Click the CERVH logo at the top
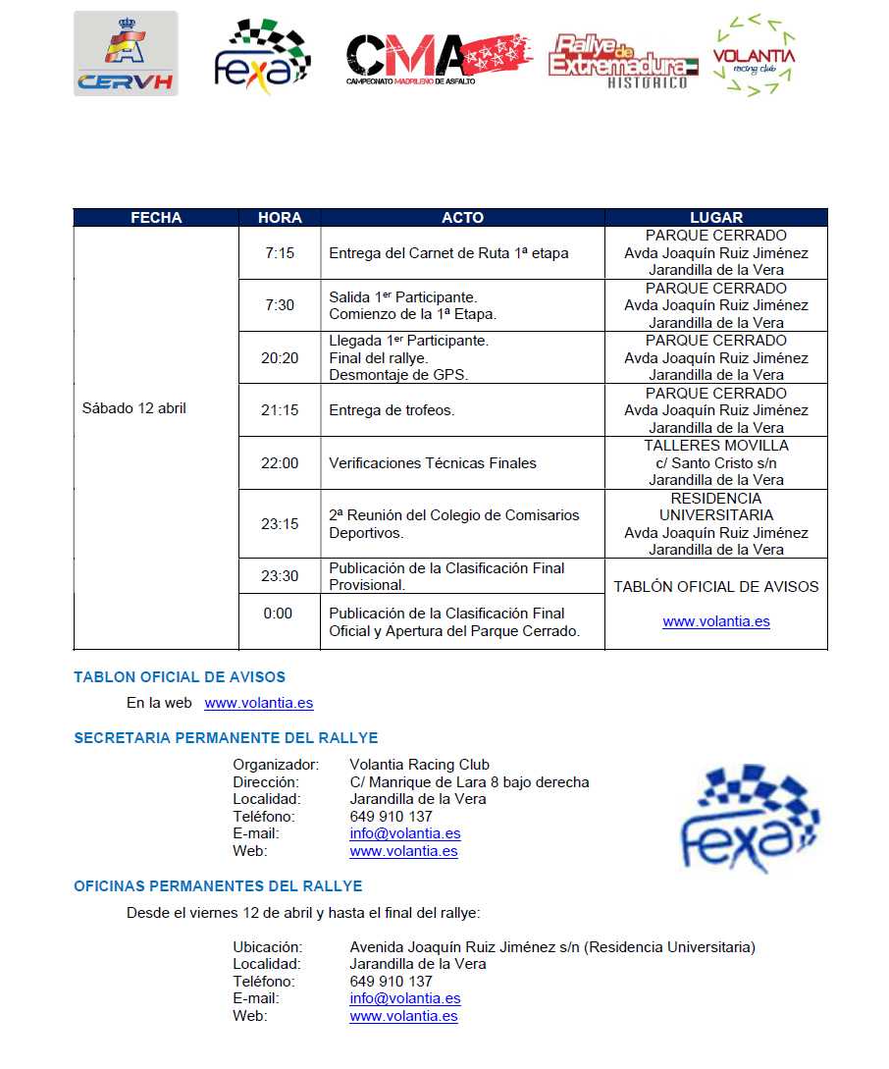point(126,54)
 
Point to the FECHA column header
point(156,218)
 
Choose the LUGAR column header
point(716,218)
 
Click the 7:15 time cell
point(280,253)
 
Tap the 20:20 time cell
point(280,358)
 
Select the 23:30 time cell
point(280,576)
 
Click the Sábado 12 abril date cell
point(134,408)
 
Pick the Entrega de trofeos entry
point(392,410)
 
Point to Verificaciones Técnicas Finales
point(433,463)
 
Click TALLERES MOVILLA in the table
point(716,446)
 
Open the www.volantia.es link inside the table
point(716,621)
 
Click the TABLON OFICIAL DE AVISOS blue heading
point(180,677)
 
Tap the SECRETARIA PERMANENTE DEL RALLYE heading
point(226,738)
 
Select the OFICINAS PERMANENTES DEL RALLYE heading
point(218,886)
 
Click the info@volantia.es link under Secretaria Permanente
point(405,833)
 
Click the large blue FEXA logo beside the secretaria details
point(751,817)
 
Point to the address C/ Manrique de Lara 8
point(469,782)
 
